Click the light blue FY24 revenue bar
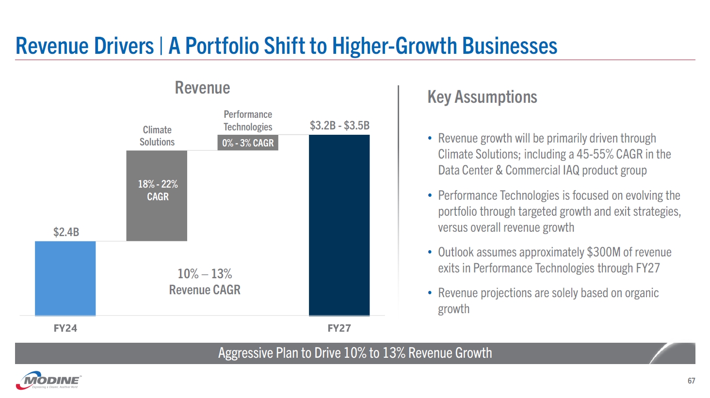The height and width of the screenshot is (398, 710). point(65,278)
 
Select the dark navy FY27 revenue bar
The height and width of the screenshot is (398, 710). point(339,225)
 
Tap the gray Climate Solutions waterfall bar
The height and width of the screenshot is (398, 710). point(157,195)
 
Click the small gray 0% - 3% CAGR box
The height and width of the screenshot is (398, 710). point(248,143)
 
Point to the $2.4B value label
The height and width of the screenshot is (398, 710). point(66,232)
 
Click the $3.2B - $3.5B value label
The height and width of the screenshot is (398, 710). point(339,126)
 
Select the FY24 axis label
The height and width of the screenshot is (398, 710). point(65,328)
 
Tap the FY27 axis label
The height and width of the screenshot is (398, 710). point(339,328)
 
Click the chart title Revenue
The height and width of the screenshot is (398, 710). point(202,88)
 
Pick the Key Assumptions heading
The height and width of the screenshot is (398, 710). point(482,97)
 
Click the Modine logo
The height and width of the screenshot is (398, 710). point(49,381)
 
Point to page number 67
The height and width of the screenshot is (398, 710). point(691,381)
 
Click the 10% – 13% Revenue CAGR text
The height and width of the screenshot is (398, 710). point(205,282)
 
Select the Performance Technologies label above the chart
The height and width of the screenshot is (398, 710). point(248,121)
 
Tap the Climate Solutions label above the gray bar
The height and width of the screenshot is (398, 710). point(157,136)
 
